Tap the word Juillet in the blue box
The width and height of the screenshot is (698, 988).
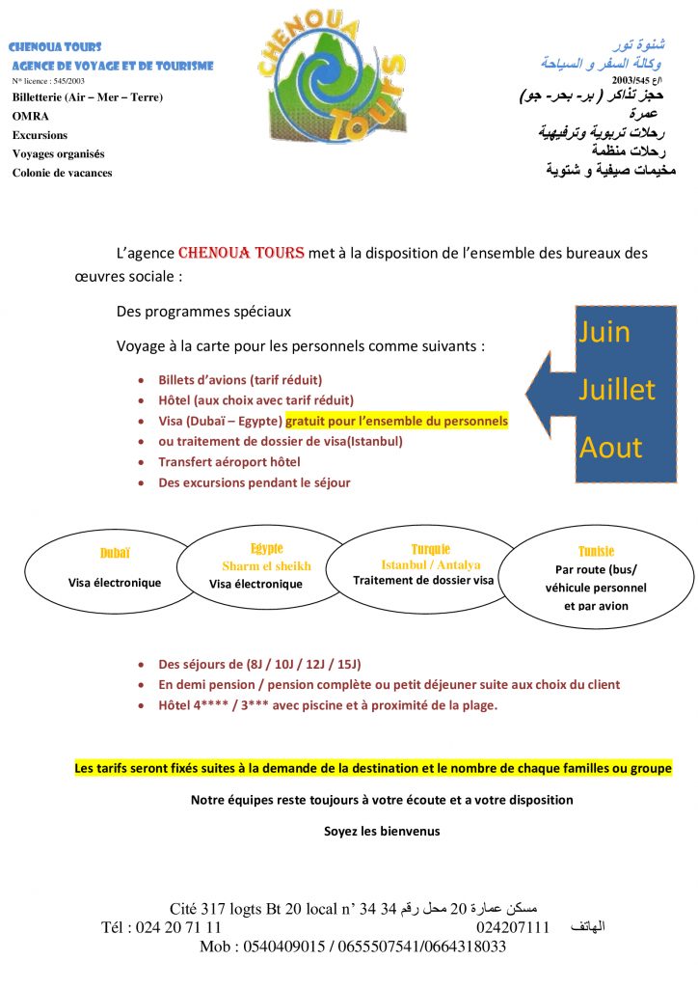616,390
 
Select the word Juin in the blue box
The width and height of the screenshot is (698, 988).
604,332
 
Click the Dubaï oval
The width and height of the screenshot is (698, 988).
115,569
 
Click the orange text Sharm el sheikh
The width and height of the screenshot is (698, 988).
267,566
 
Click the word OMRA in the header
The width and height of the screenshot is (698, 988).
31,116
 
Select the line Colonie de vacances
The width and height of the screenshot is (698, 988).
62,173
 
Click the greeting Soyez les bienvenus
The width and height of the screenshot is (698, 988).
381,831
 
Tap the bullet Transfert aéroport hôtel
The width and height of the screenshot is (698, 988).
229,462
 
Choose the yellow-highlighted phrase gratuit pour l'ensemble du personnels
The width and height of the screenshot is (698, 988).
396,422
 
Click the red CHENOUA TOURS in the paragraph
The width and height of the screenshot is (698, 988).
241,253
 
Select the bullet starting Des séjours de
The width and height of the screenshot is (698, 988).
259,664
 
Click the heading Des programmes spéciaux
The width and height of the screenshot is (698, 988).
203,312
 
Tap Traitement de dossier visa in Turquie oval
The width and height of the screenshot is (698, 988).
423,581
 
